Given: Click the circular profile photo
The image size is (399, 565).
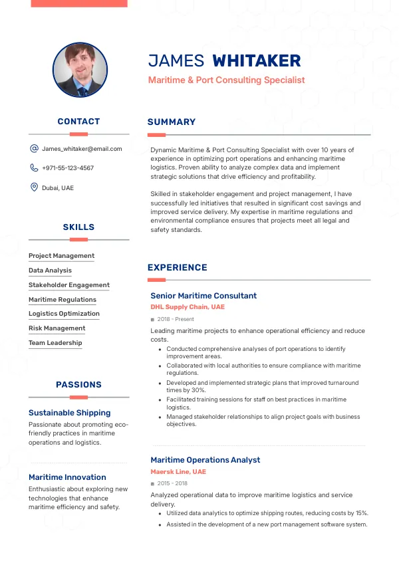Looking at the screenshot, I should pyautogui.click(x=80, y=70).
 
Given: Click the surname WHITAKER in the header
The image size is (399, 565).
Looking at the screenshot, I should pyautogui.click(x=256, y=61).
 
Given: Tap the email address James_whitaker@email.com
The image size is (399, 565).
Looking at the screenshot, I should pyautogui.click(x=82, y=149).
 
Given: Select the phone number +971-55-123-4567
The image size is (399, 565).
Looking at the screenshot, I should pyautogui.click(x=68, y=168).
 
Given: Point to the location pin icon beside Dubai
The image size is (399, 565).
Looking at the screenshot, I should pyautogui.click(x=34, y=187).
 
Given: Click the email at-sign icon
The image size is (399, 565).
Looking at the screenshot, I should pyautogui.click(x=34, y=149).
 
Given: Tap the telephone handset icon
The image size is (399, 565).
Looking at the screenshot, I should pyautogui.click(x=34, y=168).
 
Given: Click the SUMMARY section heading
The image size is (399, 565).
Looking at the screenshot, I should pyautogui.click(x=172, y=122).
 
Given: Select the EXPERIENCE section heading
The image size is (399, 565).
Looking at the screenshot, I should pyautogui.click(x=178, y=268).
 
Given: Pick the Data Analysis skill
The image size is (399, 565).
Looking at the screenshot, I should pyautogui.click(x=50, y=271).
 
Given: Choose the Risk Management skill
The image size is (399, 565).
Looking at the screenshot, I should pyautogui.click(x=57, y=328).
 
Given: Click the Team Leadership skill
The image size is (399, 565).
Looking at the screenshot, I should pyautogui.click(x=55, y=343).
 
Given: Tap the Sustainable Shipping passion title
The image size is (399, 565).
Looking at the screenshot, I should pyautogui.click(x=69, y=413).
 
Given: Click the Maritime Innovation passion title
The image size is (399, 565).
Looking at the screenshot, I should pyautogui.click(x=67, y=477).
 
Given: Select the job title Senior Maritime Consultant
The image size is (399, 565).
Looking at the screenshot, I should pyautogui.click(x=203, y=296).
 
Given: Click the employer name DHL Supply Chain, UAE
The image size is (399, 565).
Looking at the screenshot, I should pyautogui.click(x=188, y=307).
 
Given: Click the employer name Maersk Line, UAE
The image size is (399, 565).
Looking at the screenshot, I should pyautogui.click(x=178, y=472).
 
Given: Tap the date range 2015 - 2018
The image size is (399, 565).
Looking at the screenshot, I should pyautogui.click(x=172, y=484).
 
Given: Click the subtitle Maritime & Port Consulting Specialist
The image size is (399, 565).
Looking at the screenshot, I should pyautogui.click(x=226, y=80).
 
